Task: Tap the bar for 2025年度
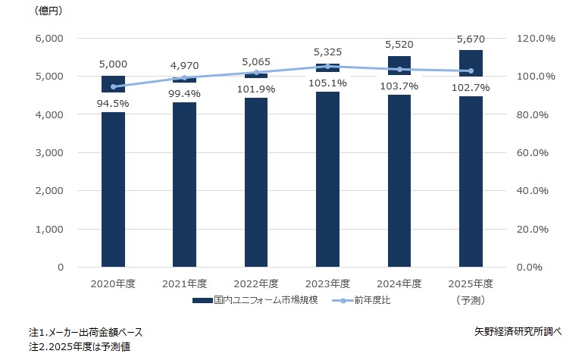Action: pyautogui.click(x=471, y=189)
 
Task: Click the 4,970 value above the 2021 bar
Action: pyautogui.click(x=184, y=66)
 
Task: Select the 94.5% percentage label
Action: pyautogui.click(x=113, y=103)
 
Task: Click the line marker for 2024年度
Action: pyautogui.click(x=399, y=69)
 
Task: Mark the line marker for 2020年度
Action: pyautogui.click(x=113, y=86)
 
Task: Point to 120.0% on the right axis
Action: pyautogui.click(x=536, y=38)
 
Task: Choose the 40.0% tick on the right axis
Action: pyautogui.click(x=538, y=191)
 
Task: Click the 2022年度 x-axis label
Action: pyautogui.click(x=255, y=284)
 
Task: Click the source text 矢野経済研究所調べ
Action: pyautogui.click(x=515, y=331)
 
